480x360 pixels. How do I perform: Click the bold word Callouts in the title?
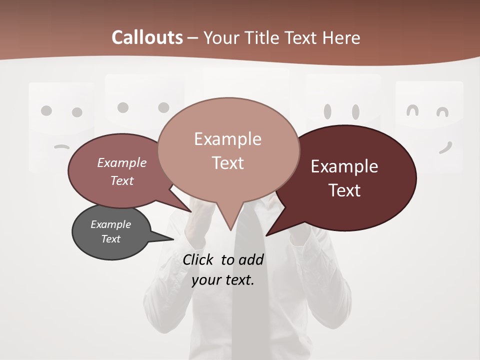(x=147, y=37)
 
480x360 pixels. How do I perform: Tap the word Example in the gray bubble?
(x=110, y=224)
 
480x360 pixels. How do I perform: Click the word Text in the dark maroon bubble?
(x=344, y=190)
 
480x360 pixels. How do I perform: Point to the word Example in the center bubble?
(x=227, y=139)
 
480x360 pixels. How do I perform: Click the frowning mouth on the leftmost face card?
(x=61, y=146)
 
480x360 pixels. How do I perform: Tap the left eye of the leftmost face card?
(x=46, y=110)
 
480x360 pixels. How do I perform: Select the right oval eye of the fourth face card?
(x=355, y=111)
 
